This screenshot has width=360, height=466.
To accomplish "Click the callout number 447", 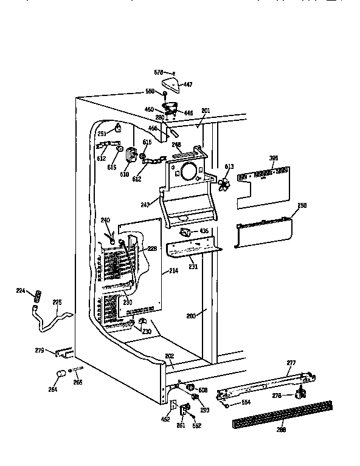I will [x=188, y=84].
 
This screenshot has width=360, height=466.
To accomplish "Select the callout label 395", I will [x=274, y=159].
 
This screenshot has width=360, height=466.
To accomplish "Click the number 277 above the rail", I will [x=291, y=363].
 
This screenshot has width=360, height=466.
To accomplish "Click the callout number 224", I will [x=20, y=291].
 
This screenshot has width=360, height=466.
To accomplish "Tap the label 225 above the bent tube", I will [x=57, y=301].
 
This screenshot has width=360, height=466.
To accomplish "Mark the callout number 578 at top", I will [x=158, y=72].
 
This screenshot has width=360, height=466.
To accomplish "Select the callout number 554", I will [x=245, y=403].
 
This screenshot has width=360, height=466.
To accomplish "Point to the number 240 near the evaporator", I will [x=105, y=220].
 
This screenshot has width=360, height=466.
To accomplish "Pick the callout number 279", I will [x=40, y=350].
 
